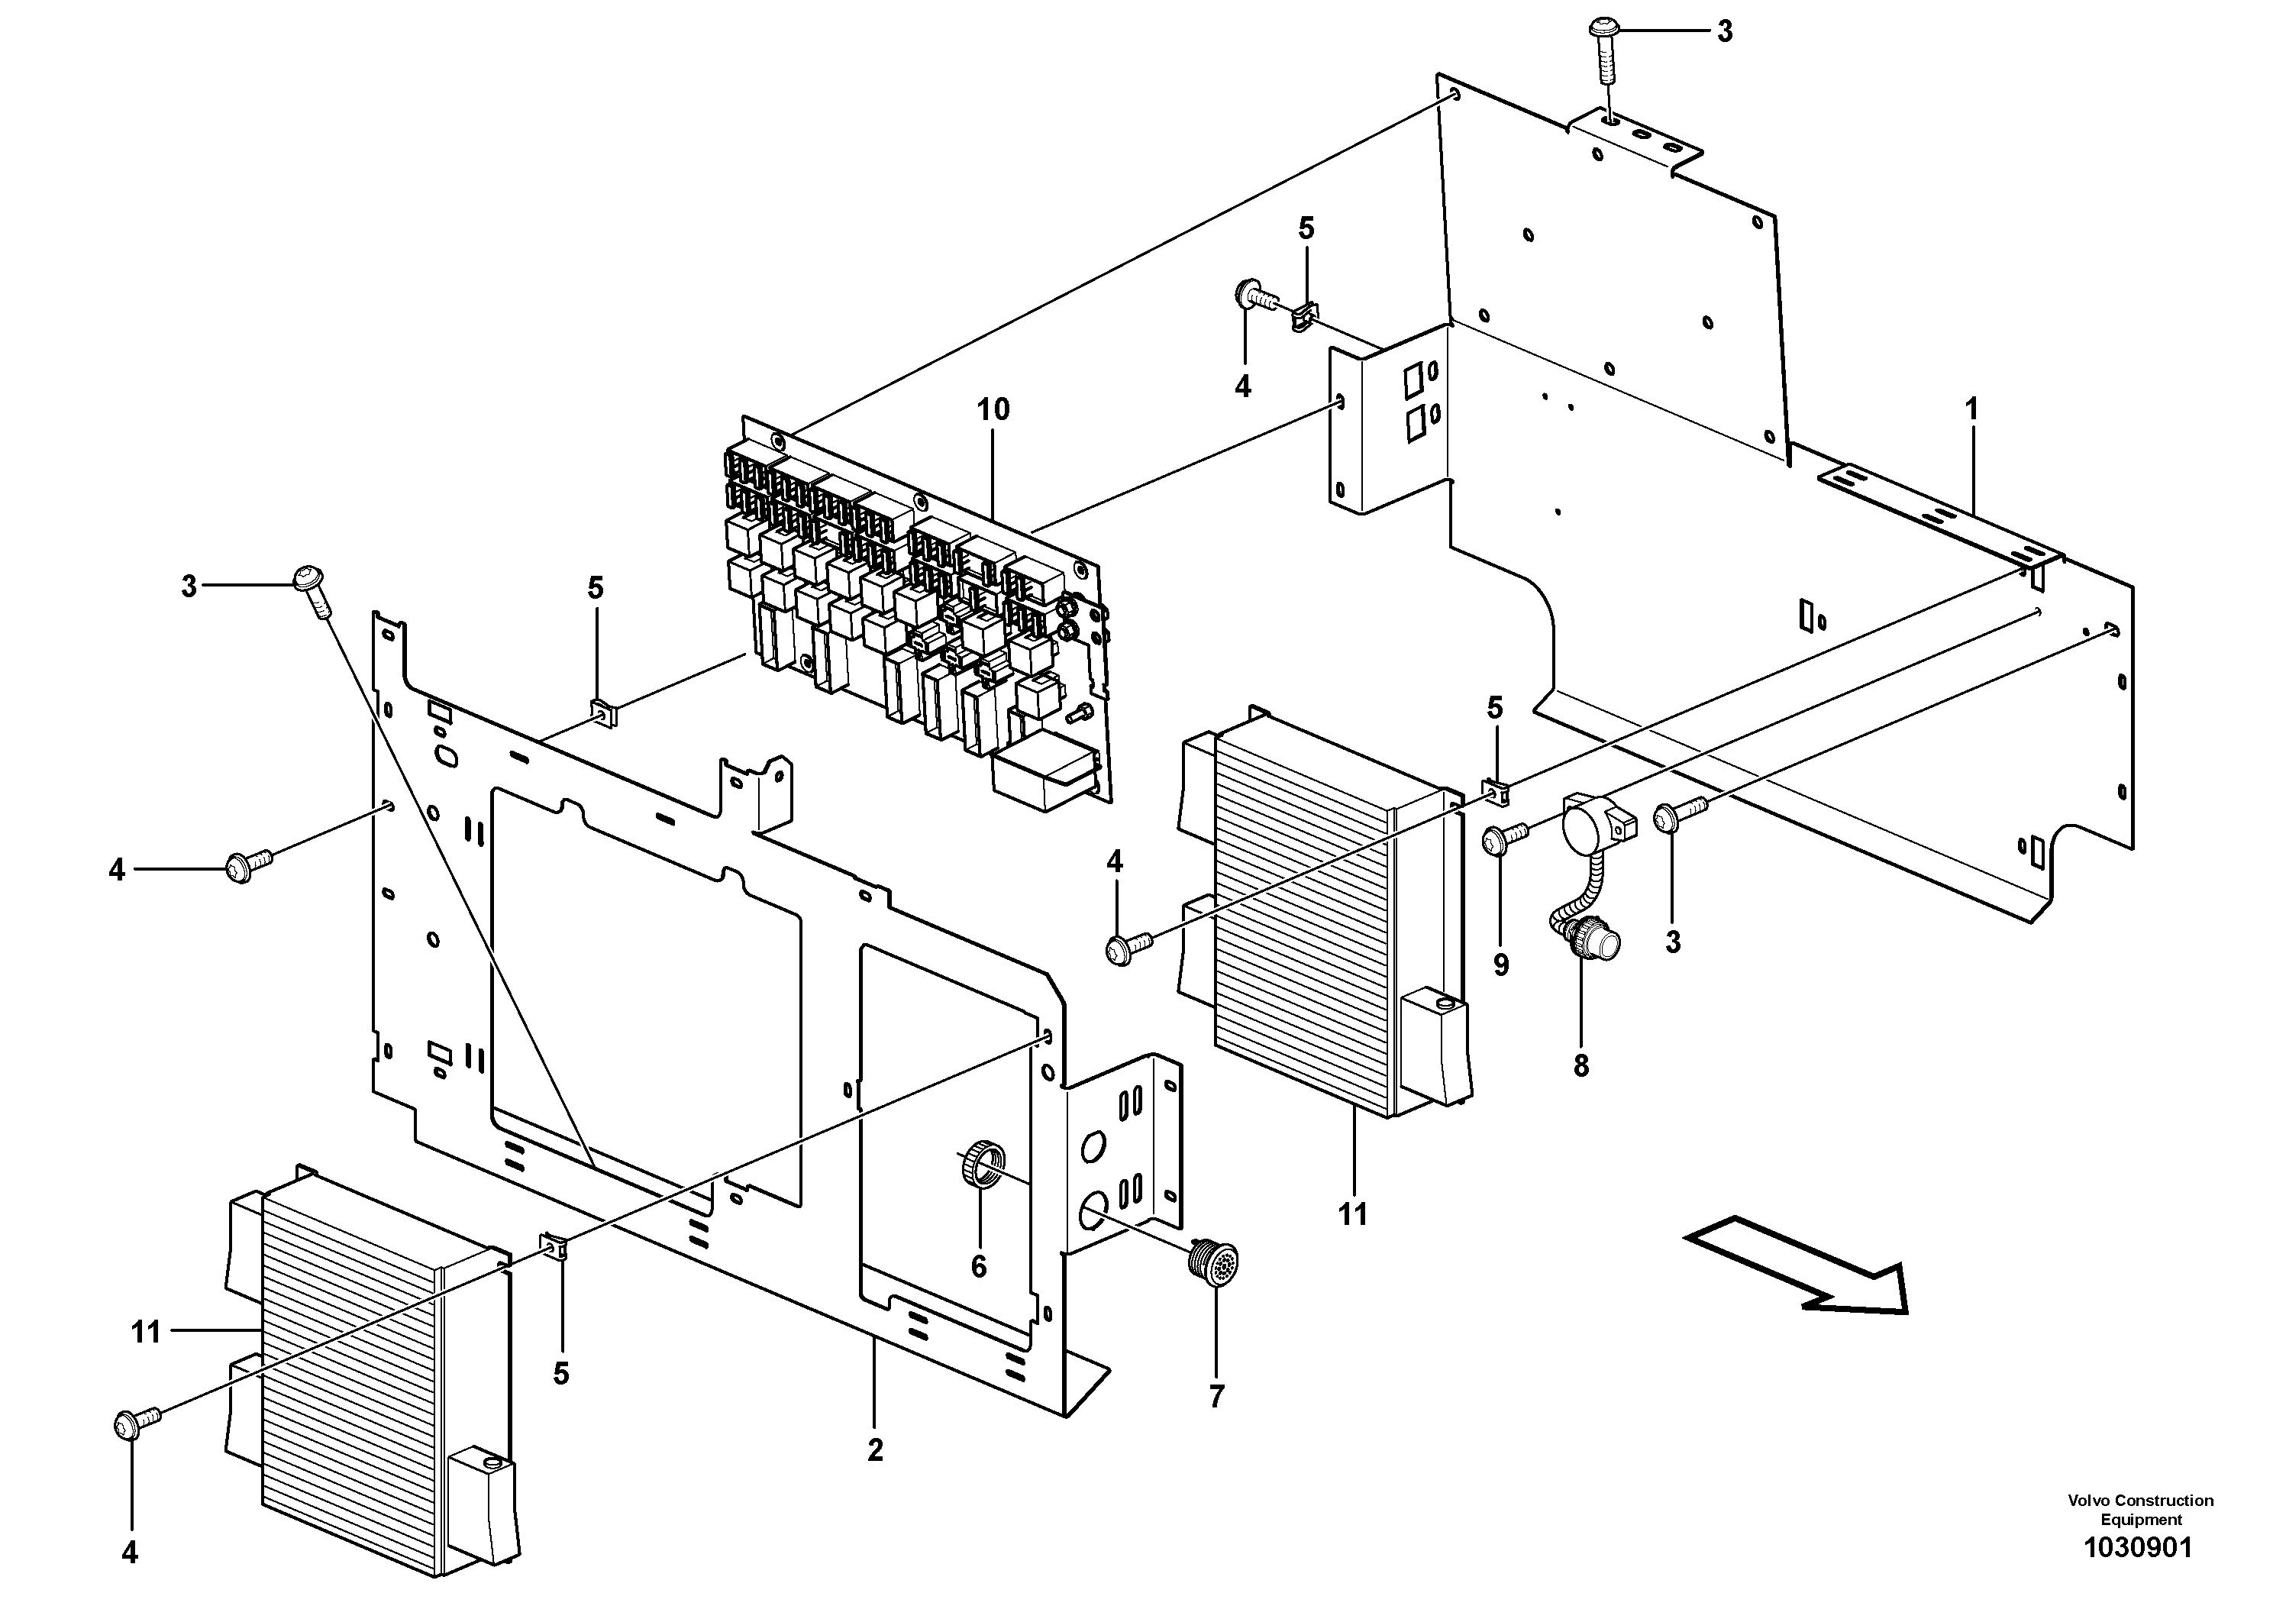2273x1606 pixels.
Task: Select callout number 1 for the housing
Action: (x=1971, y=409)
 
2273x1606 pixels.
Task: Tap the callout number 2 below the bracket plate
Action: (x=875, y=1450)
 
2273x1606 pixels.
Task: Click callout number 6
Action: (x=978, y=1266)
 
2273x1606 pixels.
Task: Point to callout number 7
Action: (x=1217, y=1397)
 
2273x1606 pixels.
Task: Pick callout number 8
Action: (x=1581, y=1065)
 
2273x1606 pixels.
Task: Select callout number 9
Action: (x=1501, y=965)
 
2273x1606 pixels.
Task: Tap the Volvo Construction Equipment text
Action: (x=2140, y=1510)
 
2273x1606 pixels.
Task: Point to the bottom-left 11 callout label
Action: (x=146, y=1332)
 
